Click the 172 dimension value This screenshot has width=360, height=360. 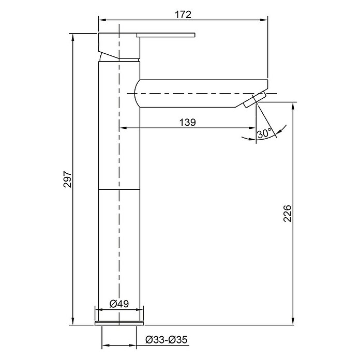tap(183, 14)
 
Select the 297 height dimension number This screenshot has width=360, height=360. tap(68, 179)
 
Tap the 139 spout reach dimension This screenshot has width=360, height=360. tap(188, 123)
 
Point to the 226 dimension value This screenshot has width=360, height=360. tap(287, 214)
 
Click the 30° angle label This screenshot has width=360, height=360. tap(264, 133)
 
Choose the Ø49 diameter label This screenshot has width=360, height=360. tap(119, 304)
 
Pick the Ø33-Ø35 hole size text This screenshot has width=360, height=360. tap(167, 340)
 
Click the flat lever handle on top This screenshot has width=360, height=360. tap(166, 35)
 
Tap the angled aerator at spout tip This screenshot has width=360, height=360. tap(254, 99)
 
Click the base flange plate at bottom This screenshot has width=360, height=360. tap(119, 323)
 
